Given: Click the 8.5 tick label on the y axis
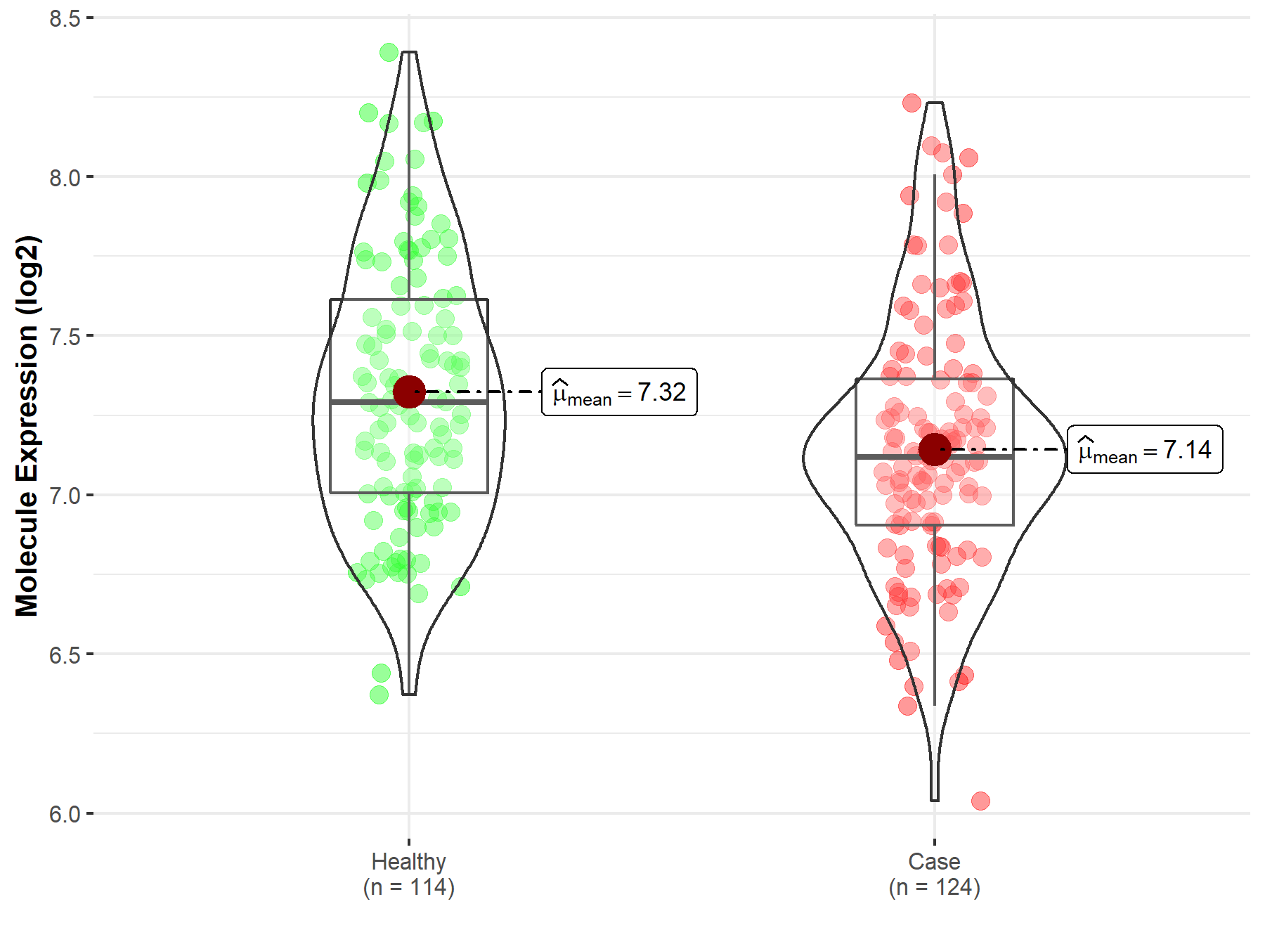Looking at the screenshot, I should coord(65,18).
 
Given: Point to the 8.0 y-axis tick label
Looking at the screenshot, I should coord(65,178).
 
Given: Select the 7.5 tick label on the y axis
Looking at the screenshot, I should coord(65,337).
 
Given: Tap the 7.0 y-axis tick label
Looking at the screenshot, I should coord(65,496).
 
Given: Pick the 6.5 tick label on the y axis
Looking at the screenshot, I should coord(65,655).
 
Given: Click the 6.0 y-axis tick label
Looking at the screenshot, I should coord(65,814).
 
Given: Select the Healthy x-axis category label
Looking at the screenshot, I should coord(408,861).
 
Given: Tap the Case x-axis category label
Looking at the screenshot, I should coord(934,861).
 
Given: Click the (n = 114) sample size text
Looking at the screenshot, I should coord(408,887).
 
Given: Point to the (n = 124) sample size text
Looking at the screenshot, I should coord(934,887).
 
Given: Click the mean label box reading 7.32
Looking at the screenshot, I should coord(619,392).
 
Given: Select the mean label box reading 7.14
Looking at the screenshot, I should coord(1145,450).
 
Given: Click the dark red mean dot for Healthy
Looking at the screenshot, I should coord(409,392).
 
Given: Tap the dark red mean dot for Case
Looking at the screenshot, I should coord(935,449).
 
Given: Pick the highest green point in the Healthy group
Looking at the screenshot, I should coord(389,52).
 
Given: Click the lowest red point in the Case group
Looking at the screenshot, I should coord(980,801).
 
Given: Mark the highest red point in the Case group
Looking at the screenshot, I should coord(912,103).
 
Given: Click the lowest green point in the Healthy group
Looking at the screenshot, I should coord(379,695).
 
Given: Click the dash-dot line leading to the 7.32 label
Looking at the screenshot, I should coord(485,392).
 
